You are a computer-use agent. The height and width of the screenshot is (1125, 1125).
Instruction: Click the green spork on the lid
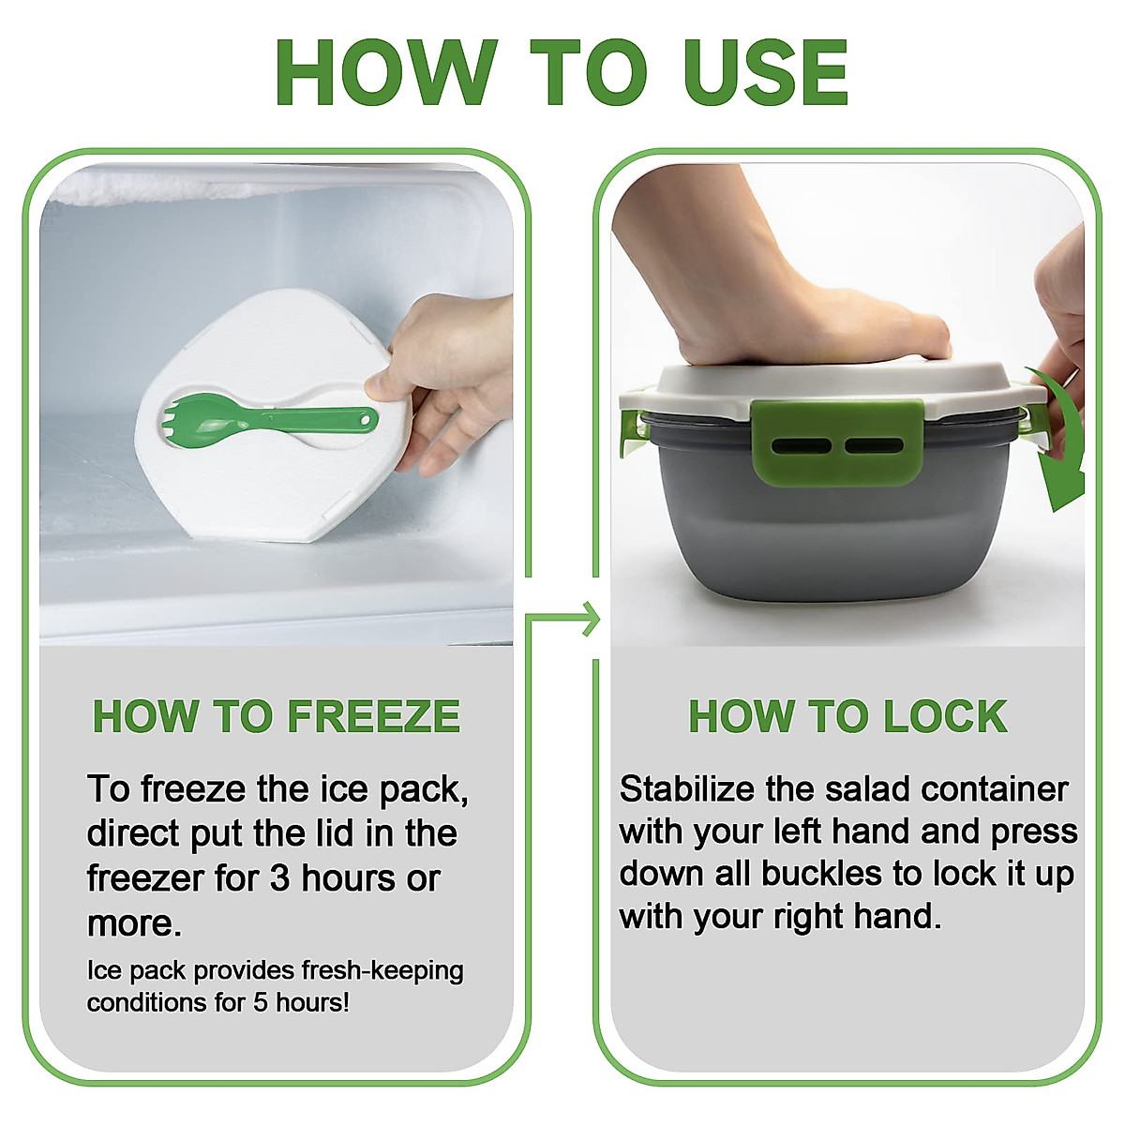[x=272, y=417]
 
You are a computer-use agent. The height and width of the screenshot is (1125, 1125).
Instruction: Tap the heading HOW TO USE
[x=562, y=73]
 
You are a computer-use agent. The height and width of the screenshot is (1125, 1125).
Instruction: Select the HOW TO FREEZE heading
[x=276, y=717]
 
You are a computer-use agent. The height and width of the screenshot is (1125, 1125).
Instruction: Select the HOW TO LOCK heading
[x=847, y=717]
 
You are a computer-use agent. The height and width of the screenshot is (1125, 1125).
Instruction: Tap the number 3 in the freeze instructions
[x=279, y=878]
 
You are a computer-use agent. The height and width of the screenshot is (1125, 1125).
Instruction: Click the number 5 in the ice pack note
[x=261, y=1002]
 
